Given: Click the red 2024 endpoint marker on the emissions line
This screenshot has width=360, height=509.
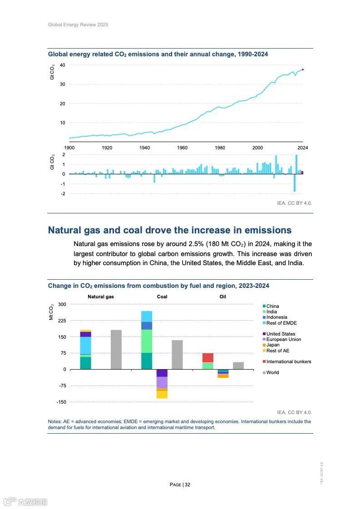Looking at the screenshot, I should [x=303, y=69].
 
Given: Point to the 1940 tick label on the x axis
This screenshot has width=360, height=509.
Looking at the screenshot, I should [x=145, y=148].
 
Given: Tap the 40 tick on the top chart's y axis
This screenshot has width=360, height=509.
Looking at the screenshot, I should [x=63, y=65].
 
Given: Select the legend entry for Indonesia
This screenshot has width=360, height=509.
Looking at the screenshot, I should [x=276, y=317].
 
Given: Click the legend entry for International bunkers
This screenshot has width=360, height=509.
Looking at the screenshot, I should [x=289, y=361].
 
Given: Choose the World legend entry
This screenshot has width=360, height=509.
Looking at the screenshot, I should [x=272, y=372].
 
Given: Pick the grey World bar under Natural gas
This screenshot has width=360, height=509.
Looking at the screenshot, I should [x=116, y=349].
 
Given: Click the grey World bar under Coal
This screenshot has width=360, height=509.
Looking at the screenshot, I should [x=177, y=354].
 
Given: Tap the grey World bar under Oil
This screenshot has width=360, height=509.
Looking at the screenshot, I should [x=238, y=365].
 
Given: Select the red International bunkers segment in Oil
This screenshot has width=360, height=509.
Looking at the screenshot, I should [x=208, y=357].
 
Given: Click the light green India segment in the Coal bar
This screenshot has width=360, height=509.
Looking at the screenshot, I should [x=147, y=341].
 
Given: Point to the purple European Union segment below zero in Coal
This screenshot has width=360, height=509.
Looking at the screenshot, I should [x=162, y=382].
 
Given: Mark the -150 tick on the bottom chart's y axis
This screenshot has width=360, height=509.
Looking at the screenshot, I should [x=61, y=402].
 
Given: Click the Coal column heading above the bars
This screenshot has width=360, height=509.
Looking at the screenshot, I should [x=162, y=297].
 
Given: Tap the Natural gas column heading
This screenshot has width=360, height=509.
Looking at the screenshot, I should [x=101, y=297].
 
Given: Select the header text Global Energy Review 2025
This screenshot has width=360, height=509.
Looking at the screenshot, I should [x=78, y=25].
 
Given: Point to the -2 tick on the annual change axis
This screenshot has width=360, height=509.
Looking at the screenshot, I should [x=64, y=193].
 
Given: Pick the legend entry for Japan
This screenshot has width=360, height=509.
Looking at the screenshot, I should [x=273, y=345].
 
